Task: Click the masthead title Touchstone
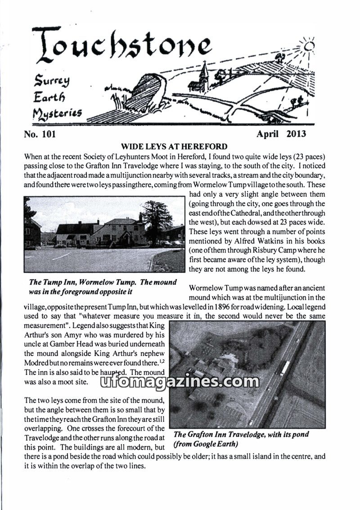(121, 45)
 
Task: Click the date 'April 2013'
(281, 134)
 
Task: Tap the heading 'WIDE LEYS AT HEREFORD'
(174, 147)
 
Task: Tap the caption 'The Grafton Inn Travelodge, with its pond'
(241, 434)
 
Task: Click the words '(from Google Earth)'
(205, 443)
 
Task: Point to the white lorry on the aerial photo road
(284, 368)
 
